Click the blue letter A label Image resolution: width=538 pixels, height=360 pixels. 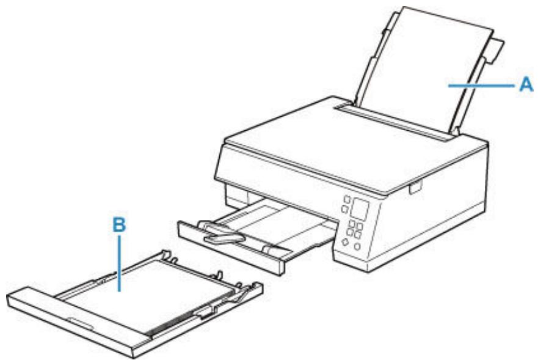tap(523, 86)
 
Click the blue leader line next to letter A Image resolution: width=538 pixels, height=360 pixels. tap(479, 86)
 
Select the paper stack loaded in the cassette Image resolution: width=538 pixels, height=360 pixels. tap(153, 287)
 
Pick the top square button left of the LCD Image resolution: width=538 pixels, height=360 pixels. tap(347, 200)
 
